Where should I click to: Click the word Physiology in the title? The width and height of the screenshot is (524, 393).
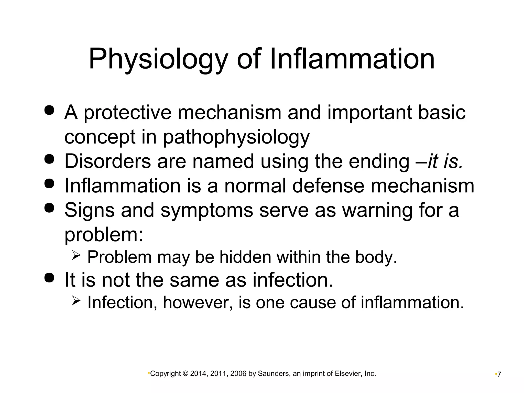coord(158,59)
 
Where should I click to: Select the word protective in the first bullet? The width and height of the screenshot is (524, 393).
coord(127,113)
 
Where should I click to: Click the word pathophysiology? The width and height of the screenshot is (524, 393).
coord(236,137)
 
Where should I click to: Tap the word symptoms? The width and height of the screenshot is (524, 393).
coord(207,210)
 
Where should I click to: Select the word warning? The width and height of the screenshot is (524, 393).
coord(377,210)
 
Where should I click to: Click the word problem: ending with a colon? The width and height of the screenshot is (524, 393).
coord(104,235)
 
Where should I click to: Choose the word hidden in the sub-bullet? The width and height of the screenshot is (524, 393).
coord(245,257)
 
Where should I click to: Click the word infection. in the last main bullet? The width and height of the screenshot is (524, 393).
coord(293,280)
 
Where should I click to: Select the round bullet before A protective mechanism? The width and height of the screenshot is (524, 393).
coord(49,110)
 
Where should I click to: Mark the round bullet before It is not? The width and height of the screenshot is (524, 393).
coord(49,278)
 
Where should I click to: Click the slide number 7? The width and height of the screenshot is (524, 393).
coord(499,375)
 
